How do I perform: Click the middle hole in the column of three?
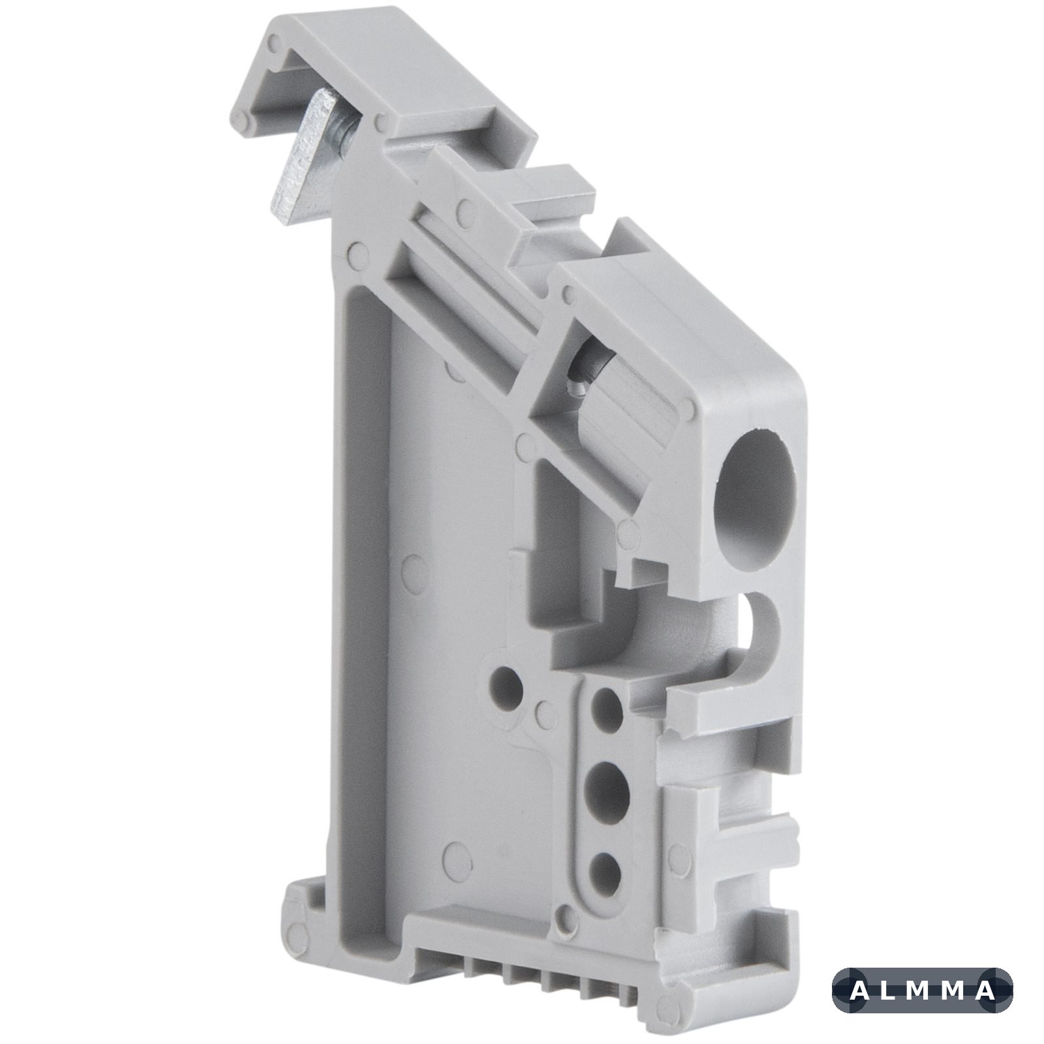[607, 783]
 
